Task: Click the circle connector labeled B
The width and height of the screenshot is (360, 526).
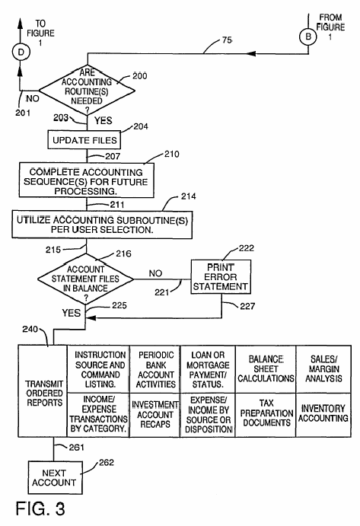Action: tap(308, 37)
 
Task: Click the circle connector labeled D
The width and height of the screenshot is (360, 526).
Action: tap(21, 52)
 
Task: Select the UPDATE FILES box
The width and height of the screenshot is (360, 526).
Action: tap(84, 140)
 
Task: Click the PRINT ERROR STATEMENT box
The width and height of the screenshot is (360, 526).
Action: tap(221, 277)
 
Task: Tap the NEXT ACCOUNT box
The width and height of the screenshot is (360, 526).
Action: tap(55, 478)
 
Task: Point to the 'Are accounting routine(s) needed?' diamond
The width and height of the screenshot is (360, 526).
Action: tap(87, 91)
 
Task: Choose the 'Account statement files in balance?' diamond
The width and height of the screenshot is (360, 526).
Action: tap(85, 279)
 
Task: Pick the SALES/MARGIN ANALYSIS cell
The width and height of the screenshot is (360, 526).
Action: tap(323, 369)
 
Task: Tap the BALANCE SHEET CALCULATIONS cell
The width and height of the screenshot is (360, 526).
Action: tap(266, 369)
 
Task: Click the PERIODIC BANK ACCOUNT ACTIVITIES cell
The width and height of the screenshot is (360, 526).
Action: tap(155, 369)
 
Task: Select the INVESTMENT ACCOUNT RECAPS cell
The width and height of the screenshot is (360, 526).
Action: tap(155, 415)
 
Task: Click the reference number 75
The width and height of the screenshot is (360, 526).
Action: tap(227, 40)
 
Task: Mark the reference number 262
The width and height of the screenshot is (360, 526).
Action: tap(107, 462)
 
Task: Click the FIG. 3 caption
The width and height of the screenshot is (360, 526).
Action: tap(40, 509)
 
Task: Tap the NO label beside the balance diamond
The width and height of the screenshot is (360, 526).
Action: tap(155, 273)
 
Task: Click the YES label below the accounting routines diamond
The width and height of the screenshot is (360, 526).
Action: tap(103, 120)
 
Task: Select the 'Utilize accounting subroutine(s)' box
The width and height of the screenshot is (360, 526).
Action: tap(102, 225)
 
